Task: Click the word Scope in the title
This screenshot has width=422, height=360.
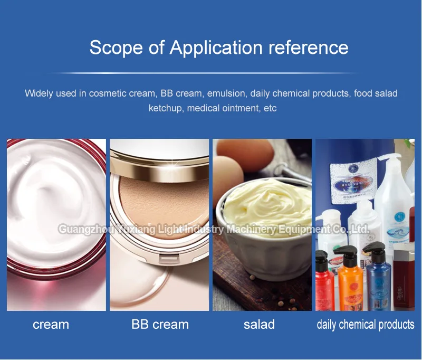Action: pos(114,47)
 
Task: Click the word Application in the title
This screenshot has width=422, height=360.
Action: pos(217,47)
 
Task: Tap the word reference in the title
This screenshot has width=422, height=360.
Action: pos(309,47)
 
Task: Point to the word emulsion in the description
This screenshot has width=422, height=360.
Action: pos(226,93)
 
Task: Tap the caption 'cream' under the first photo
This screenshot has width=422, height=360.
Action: pos(51,324)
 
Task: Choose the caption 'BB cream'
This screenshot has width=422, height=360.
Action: pos(160,324)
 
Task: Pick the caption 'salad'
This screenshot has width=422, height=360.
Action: pos(259,324)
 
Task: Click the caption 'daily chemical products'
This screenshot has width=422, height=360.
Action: pos(365,324)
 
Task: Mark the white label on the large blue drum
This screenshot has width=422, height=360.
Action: pos(351,182)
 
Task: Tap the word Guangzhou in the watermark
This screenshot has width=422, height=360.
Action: pos(81,230)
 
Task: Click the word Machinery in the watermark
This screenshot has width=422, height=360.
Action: pos(252,230)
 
